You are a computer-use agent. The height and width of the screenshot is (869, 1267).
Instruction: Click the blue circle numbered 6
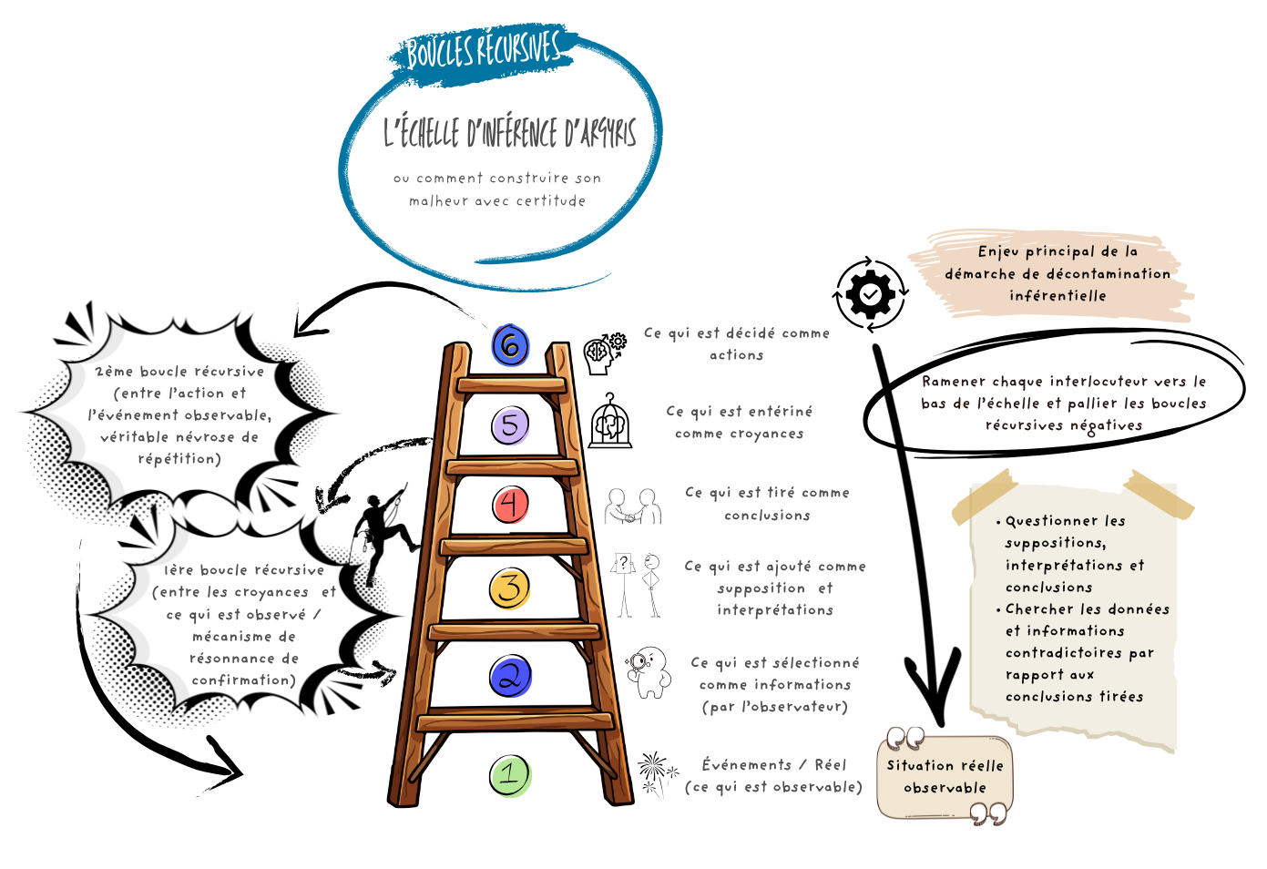pyautogui.click(x=510, y=345)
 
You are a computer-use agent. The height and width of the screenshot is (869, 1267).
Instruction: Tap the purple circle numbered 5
pyautogui.click(x=510, y=425)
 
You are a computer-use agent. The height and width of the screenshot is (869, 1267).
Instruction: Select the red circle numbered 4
pyautogui.click(x=510, y=505)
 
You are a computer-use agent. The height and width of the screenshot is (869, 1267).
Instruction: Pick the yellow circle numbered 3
pyautogui.click(x=510, y=588)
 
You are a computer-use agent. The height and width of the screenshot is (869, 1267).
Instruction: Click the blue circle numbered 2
pyautogui.click(x=510, y=677)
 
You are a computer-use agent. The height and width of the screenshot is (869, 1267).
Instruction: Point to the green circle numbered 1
pyautogui.click(x=510, y=776)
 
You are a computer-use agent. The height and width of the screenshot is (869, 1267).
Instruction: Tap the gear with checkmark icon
pyautogui.click(x=871, y=293)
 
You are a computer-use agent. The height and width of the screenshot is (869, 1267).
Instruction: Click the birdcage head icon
pyautogui.click(x=609, y=423)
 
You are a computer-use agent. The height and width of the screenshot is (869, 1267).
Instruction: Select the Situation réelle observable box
pyautogui.click(x=945, y=777)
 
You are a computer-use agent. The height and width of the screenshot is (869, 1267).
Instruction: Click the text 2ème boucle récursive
pyautogui.click(x=179, y=372)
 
